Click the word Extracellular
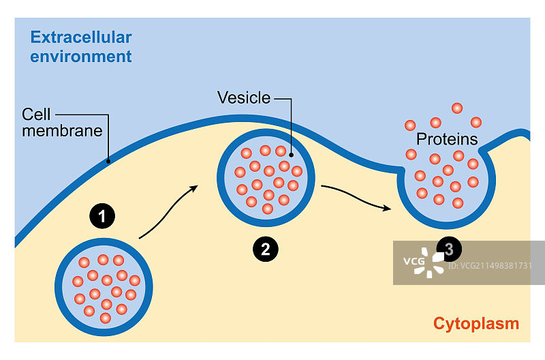(80, 37)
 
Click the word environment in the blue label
(80, 56)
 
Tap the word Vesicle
(244, 97)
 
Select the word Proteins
(447, 140)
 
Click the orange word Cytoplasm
(476, 323)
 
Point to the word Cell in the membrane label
(36, 113)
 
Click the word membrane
(62, 130)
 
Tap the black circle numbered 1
(102, 217)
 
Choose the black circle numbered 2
(265, 249)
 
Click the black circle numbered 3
(448, 249)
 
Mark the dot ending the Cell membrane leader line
(108, 162)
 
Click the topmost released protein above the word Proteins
(456, 108)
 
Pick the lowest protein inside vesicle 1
(105, 318)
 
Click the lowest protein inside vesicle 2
(268, 208)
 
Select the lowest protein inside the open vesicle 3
(457, 202)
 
